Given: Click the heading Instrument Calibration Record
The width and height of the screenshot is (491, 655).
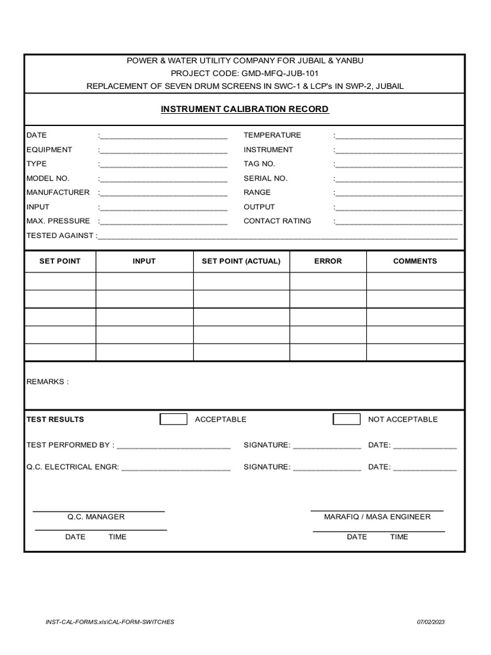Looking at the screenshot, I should pyautogui.click(x=245, y=109).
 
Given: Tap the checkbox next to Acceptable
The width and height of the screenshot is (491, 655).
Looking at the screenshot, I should pyautogui.click(x=173, y=419).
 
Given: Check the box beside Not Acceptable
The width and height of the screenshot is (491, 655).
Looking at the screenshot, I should pyautogui.click(x=347, y=419).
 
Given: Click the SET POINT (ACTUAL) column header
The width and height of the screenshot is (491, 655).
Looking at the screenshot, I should pyautogui.click(x=241, y=261).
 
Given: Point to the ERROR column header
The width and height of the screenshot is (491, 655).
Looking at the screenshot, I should pyautogui.click(x=328, y=261).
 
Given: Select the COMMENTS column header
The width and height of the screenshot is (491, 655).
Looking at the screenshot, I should pyautogui.click(x=415, y=261).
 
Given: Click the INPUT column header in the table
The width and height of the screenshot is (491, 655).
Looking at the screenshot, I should pyautogui.click(x=144, y=261).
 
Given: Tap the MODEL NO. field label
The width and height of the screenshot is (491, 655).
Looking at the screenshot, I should pyautogui.click(x=48, y=178).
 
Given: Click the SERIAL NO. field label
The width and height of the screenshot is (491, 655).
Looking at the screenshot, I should pyautogui.click(x=265, y=178).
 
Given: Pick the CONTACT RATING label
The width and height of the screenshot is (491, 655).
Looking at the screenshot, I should pyautogui.click(x=277, y=221).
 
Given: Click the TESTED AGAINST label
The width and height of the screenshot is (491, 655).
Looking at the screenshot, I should pyautogui.click(x=60, y=235).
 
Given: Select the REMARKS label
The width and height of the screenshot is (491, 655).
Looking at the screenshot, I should pyautogui.click(x=47, y=382).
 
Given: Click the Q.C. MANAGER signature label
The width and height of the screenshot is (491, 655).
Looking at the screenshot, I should pyautogui.click(x=96, y=517).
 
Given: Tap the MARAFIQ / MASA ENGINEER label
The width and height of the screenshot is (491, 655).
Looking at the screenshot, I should pyautogui.click(x=377, y=517).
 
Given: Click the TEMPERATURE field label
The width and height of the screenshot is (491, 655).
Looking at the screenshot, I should pyautogui.click(x=272, y=136).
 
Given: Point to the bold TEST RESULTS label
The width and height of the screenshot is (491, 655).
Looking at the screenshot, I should pyautogui.click(x=55, y=420).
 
